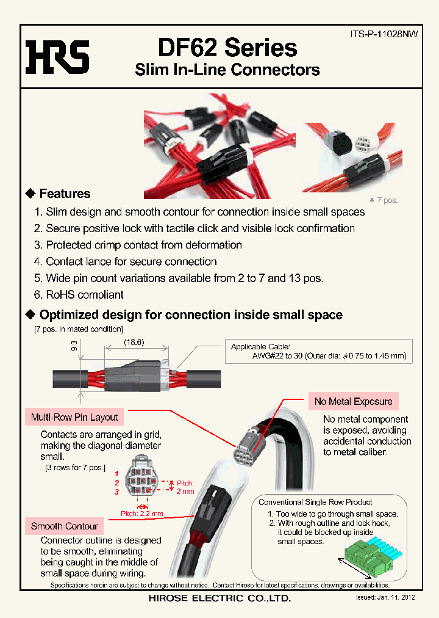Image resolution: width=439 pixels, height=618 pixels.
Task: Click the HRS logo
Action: (57, 57)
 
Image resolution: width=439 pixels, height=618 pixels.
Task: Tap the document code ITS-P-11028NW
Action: (384, 35)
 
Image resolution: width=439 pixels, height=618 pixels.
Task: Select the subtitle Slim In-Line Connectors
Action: (227, 70)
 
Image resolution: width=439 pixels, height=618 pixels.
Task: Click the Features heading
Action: (64, 194)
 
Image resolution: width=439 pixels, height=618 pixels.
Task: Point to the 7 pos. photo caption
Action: (384, 200)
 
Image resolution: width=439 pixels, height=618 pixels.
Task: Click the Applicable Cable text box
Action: (318, 351)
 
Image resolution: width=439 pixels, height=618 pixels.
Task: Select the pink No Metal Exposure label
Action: (353, 401)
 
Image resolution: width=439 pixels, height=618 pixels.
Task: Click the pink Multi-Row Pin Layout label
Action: (74, 417)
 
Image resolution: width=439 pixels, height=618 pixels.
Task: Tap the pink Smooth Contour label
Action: (64, 526)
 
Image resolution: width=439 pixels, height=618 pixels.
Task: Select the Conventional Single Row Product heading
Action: (315, 502)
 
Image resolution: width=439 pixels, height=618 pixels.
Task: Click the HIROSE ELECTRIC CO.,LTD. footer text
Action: (220, 598)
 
